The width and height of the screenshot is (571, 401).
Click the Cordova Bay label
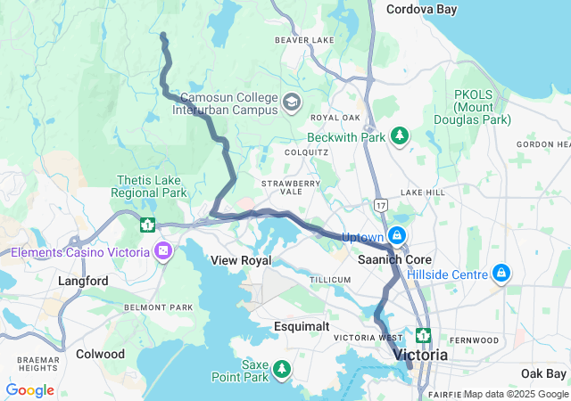(421, 9)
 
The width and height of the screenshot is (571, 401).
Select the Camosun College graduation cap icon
(291, 103)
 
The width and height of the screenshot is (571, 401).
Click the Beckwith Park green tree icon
(401, 135)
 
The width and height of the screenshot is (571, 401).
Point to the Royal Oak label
(335, 118)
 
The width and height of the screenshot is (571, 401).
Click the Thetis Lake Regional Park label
(150, 186)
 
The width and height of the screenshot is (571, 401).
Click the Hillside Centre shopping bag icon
(501, 273)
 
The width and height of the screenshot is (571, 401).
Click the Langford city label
(83, 281)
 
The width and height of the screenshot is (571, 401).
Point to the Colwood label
(101, 354)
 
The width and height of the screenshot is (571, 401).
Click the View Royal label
(240, 260)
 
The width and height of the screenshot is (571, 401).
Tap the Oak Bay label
(543, 372)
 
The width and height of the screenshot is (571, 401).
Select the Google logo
(29, 390)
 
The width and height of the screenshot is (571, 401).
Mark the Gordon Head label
(542, 144)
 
